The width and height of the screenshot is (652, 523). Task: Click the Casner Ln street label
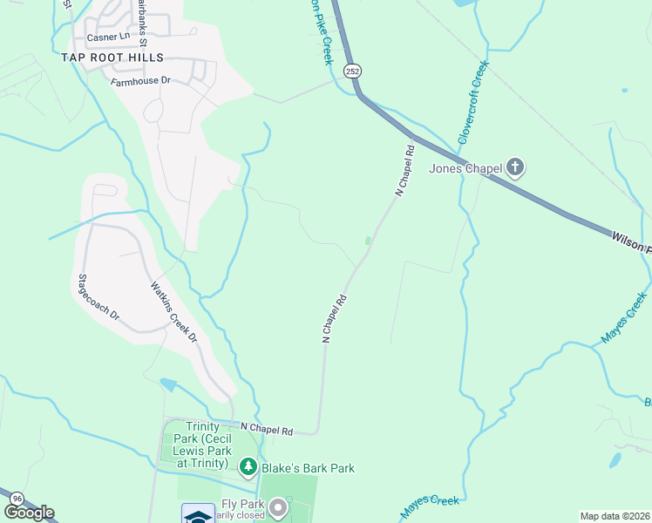coord(105,36)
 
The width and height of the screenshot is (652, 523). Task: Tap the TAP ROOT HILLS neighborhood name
coord(112,58)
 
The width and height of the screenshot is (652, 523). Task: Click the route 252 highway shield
coord(352,71)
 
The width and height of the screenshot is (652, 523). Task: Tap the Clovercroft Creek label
coord(471,103)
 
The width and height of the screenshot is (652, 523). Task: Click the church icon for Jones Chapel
coord(515,166)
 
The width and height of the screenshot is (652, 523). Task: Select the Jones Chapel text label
coord(465,167)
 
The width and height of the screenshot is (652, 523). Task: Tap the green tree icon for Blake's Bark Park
coord(248,468)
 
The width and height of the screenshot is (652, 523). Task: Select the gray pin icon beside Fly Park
coord(278,506)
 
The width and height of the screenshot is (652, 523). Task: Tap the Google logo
coord(29,513)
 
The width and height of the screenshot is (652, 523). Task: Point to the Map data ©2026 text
coord(615,516)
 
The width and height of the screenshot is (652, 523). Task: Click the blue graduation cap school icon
coord(198,514)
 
